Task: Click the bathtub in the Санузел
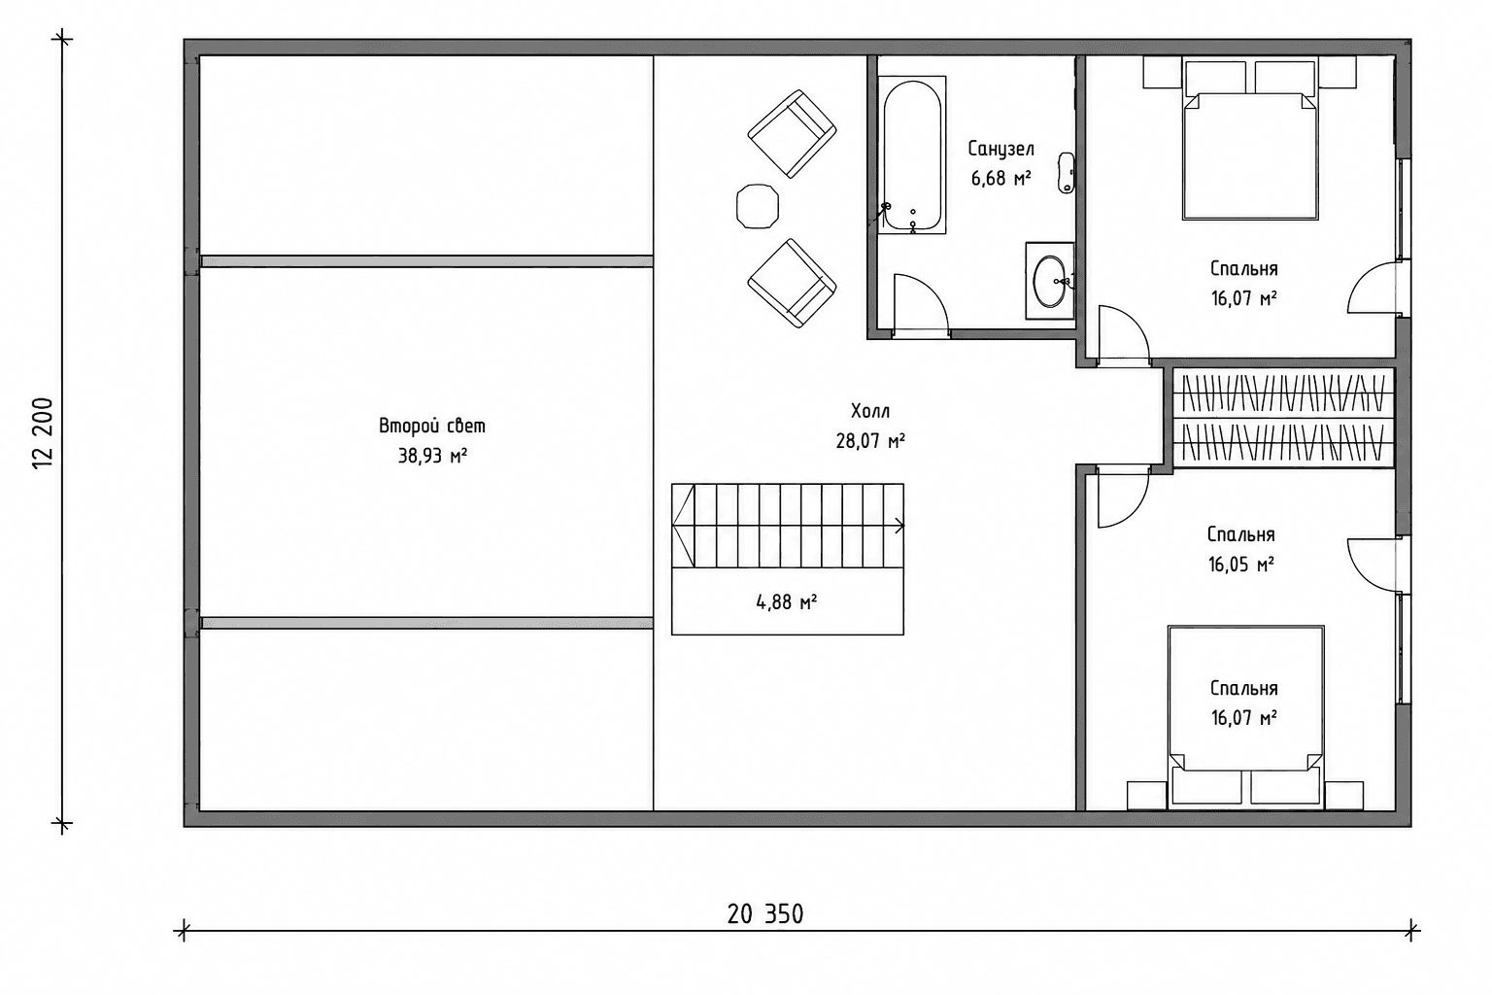(912, 154)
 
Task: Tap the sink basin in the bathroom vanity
(1050, 281)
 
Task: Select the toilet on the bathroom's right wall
(1067, 173)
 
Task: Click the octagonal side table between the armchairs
(758, 207)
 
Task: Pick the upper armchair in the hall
(792, 134)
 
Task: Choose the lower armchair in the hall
(792, 283)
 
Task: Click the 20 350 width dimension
(765, 913)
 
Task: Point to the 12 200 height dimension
(43, 433)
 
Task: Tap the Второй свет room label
(432, 426)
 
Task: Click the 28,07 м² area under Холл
(870, 440)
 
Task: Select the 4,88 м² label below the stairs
(787, 602)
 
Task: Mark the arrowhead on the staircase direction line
(899, 526)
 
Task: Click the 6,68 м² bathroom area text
(1001, 178)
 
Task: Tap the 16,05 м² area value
(1241, 565)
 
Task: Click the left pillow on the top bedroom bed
(1216, 78)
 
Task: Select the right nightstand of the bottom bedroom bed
(1344, 796)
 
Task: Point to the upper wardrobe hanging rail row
(1283, 393)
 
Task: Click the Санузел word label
(1001, 149)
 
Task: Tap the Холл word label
(870, 410)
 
